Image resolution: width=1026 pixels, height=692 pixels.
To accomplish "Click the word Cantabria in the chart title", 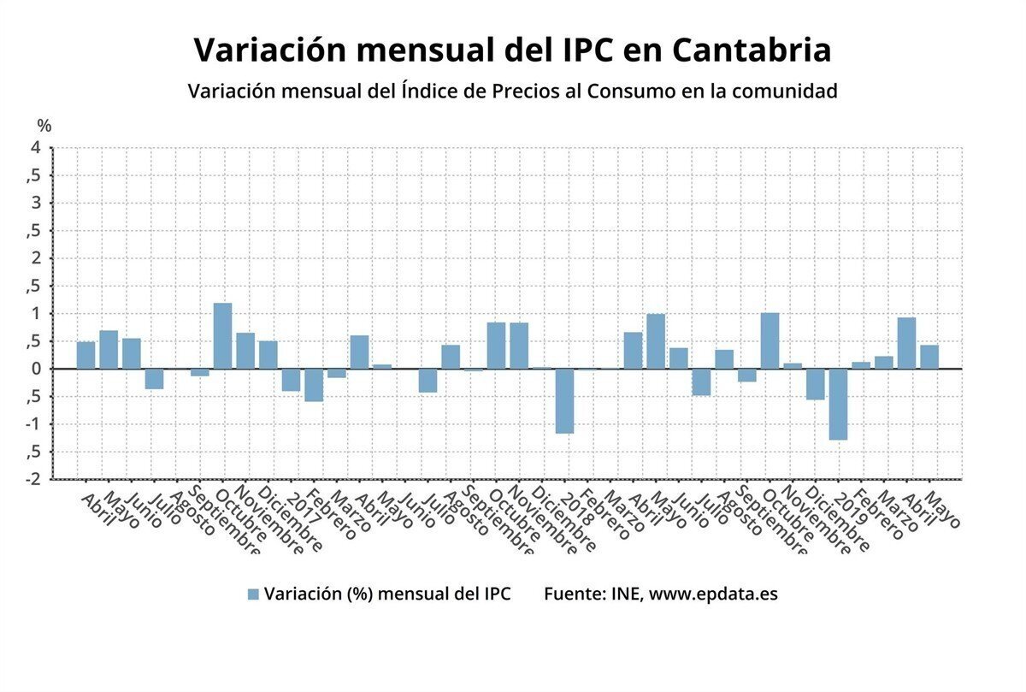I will tap(752, 50).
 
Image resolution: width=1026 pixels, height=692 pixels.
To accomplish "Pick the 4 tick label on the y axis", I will tap(36, 148).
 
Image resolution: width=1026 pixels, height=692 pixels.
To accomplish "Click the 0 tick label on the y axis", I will tap(36, 369).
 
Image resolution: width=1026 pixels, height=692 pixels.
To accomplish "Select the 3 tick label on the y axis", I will tap(36, 204).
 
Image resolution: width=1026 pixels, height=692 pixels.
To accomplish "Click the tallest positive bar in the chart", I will tap(222, 336).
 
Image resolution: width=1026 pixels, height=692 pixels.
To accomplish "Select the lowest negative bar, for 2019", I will tap(838, 404).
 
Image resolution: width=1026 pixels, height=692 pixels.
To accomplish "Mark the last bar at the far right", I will tap(929, 357).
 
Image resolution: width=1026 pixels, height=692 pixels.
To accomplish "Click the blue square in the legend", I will tap(252, 594).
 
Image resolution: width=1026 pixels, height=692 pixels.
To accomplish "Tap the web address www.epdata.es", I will tap(713, 594).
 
